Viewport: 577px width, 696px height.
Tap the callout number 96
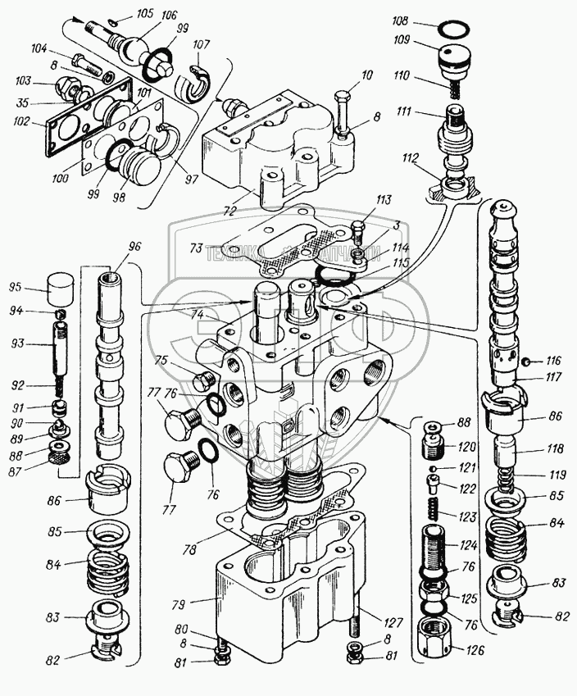(135, 246)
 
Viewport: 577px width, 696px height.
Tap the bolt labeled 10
(342, 107)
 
